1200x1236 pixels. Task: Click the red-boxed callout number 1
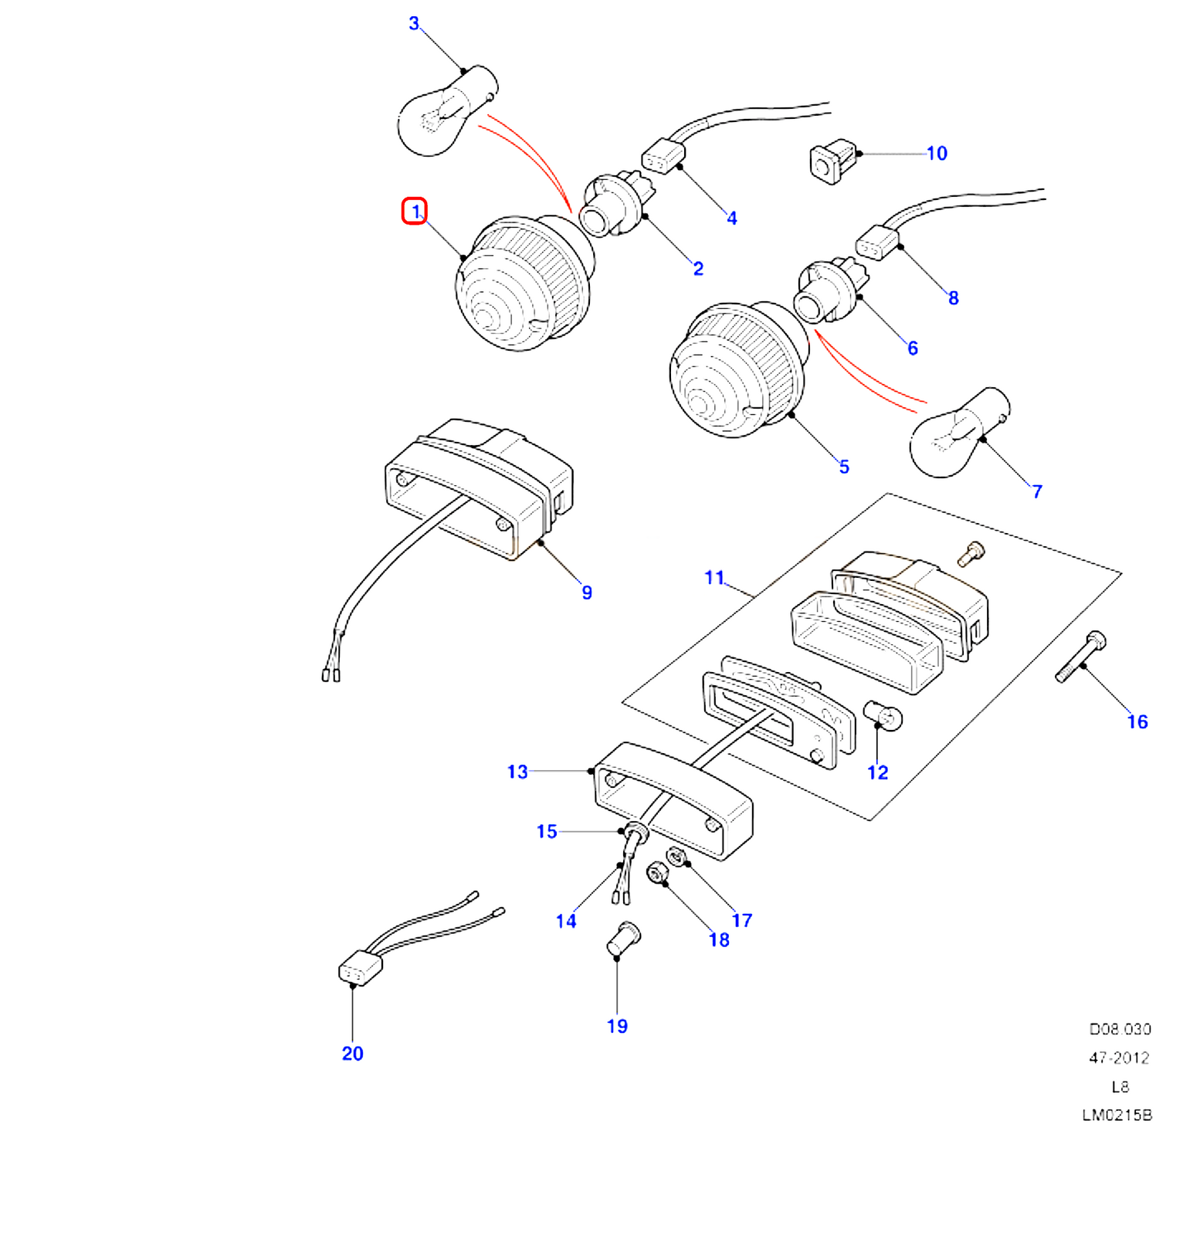tap(415, 211)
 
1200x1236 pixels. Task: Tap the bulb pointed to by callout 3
tap(440, 114)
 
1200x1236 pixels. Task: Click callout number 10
tap(937, 154)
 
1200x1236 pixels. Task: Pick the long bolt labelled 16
tap(1080, 658)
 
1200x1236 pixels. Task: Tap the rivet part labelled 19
tap(622, 938)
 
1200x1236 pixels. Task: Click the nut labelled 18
tap(656, 874)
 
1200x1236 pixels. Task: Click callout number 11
tap(714, 577)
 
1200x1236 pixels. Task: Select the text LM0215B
tap(1117, 1115)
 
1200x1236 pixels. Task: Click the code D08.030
tap(1120, 1029)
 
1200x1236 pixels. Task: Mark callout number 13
tap(517, 772)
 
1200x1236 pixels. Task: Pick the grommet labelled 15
tap(636, 834)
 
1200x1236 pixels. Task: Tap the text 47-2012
tap(1119, 1058)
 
